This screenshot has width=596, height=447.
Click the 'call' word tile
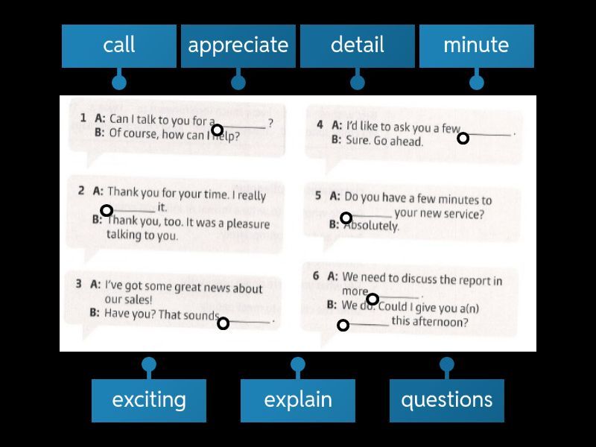119,46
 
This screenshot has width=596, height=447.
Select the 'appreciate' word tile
238,46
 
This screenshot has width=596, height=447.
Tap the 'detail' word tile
358,46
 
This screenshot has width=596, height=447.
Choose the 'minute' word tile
477,46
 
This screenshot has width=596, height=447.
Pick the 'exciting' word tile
149,401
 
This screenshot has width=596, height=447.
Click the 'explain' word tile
298,401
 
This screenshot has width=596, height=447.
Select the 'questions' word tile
447,401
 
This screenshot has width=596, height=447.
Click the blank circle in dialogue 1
217,130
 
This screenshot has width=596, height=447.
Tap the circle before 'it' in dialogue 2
107,210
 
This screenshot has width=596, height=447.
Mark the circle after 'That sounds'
223,323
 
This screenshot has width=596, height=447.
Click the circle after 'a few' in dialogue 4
463,139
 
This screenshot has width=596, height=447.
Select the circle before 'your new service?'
346,218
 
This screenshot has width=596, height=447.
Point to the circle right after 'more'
373,299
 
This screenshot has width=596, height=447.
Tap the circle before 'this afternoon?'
343,326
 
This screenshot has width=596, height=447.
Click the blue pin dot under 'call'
119,83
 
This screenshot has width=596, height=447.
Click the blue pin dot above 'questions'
447,364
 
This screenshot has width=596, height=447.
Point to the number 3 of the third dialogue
79,284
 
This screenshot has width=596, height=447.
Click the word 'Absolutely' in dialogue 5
371,226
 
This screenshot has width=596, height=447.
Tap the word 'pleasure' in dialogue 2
248,223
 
